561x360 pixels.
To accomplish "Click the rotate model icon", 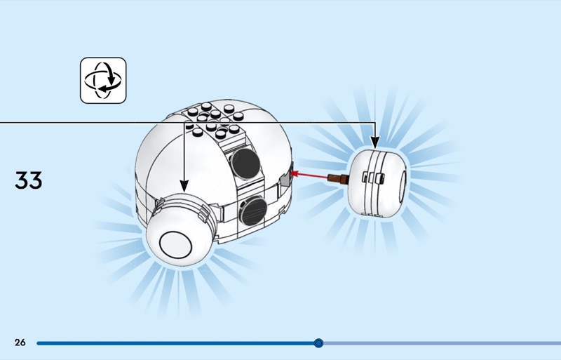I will tap(103, 81).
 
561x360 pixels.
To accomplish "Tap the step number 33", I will tap(29, 180).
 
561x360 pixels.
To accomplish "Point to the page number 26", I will tap(20, 342).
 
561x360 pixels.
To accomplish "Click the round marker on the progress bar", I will tap(318, 343).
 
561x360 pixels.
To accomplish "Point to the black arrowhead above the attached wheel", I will tap(184, 186).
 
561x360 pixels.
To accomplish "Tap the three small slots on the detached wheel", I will tap(372, 180).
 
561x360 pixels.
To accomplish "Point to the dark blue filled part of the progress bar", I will tap(175, 343).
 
